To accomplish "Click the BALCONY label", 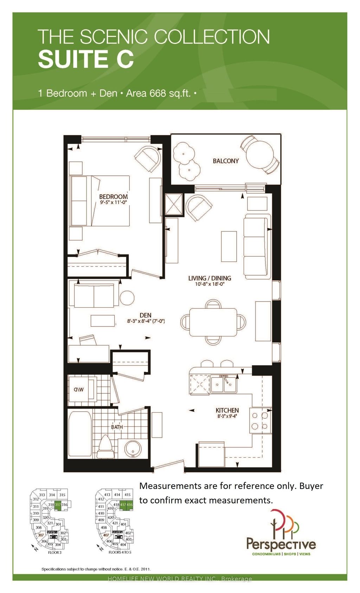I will tap(226, 161).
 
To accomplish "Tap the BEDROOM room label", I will tap(113, 196).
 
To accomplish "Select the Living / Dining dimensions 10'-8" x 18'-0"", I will tap(210, 284).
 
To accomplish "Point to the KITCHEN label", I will tap(227, 410).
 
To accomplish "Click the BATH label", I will tap(117, 427).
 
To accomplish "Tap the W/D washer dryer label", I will tap(79, 389).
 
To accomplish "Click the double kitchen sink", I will tap(224, 385).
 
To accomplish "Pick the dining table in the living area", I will tap(213, 322).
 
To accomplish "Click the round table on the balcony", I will tap(260, 154).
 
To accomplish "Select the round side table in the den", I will tap(127, 298).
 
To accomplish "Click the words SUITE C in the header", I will tap(86, 59).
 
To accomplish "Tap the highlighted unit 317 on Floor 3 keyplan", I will tap(58, 505).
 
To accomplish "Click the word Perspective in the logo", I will tap(281, 544).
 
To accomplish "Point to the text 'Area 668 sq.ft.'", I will tap(158, 94).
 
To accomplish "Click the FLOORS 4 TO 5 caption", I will tap(120, 553).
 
